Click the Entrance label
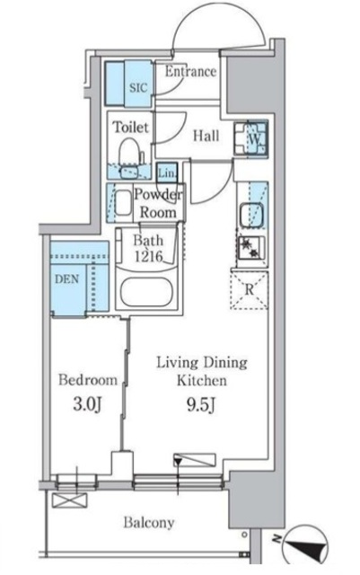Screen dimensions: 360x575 click(x=190, y=72)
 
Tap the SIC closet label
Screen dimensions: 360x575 click(x=138, y=88)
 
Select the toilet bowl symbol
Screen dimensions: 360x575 click(x=128, y=153)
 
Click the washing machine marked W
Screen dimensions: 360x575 click(x=251, y=139)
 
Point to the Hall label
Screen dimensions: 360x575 click(x=206, y=136)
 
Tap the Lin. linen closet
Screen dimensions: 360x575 click(x=167, y=172)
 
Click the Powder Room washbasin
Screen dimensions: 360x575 click(x=123, y=203)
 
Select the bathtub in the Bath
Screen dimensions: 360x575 click(x=146, y=292)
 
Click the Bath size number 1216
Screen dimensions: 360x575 click(x=148, y=256)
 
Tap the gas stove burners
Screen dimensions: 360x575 click(x=251, y=248)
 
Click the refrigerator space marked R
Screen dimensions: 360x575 click(x=250, y=290)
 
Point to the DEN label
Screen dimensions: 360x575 click(x=66, y=279)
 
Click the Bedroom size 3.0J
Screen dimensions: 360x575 click(x=88, y=404)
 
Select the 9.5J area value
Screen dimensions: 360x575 click(x=201, y=404)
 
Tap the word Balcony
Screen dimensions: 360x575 click(x=149, y=523)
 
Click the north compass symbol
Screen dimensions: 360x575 click(x=307, y=544)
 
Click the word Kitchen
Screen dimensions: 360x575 click(x=202, y=381)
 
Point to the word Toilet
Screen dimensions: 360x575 click(x=131, y=128)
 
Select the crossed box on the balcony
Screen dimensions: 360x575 click(x=70, y=500)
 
